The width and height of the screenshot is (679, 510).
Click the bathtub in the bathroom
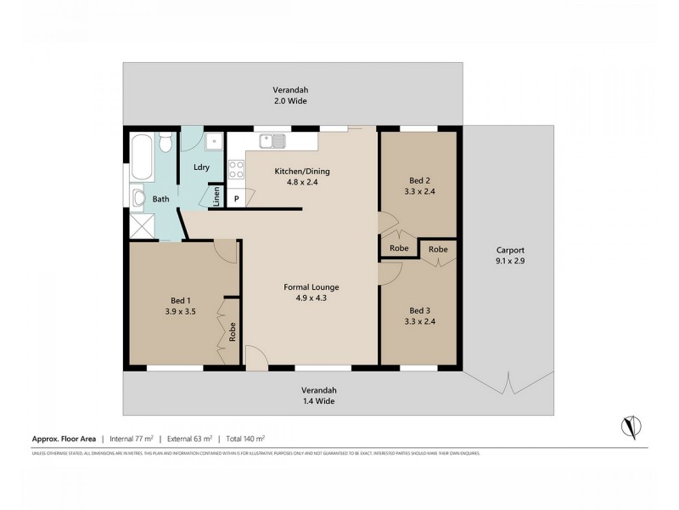coord(142,156)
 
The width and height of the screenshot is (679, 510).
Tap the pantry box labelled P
coord(237,198)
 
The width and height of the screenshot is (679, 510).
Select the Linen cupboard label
coord(216,197)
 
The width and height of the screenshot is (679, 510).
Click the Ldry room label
coord(201,167)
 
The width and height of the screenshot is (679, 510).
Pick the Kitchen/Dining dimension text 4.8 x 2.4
coord(301,182)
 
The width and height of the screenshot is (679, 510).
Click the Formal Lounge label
coord(310,286)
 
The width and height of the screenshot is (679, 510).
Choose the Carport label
coord(511,251)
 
